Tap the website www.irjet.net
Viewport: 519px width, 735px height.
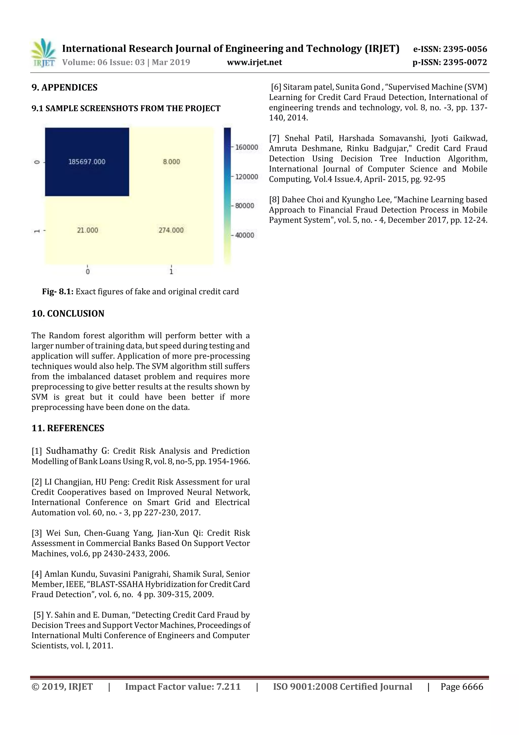pos(254,62)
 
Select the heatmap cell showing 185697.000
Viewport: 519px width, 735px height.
pos(87,162)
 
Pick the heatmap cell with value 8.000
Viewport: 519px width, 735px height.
pos(171,162)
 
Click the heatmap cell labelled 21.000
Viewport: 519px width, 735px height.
pos(87,230)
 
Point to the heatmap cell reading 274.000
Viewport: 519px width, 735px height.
pos(171,230)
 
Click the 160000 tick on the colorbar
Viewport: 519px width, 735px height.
pos(246,147)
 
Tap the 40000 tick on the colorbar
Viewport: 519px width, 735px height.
pos(244,235)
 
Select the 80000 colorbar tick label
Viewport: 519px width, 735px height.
pos(244,206)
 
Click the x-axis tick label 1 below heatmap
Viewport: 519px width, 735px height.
pos(171,271)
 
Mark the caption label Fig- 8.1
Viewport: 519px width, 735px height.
pos(58,292)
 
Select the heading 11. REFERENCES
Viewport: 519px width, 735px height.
pos(68,428)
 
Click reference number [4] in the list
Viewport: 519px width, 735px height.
pos(37,574)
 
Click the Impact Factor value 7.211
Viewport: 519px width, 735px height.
pos(228,687)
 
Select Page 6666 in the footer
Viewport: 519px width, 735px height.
pos(461,687)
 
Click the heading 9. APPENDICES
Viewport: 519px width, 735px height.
pos(64,87)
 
